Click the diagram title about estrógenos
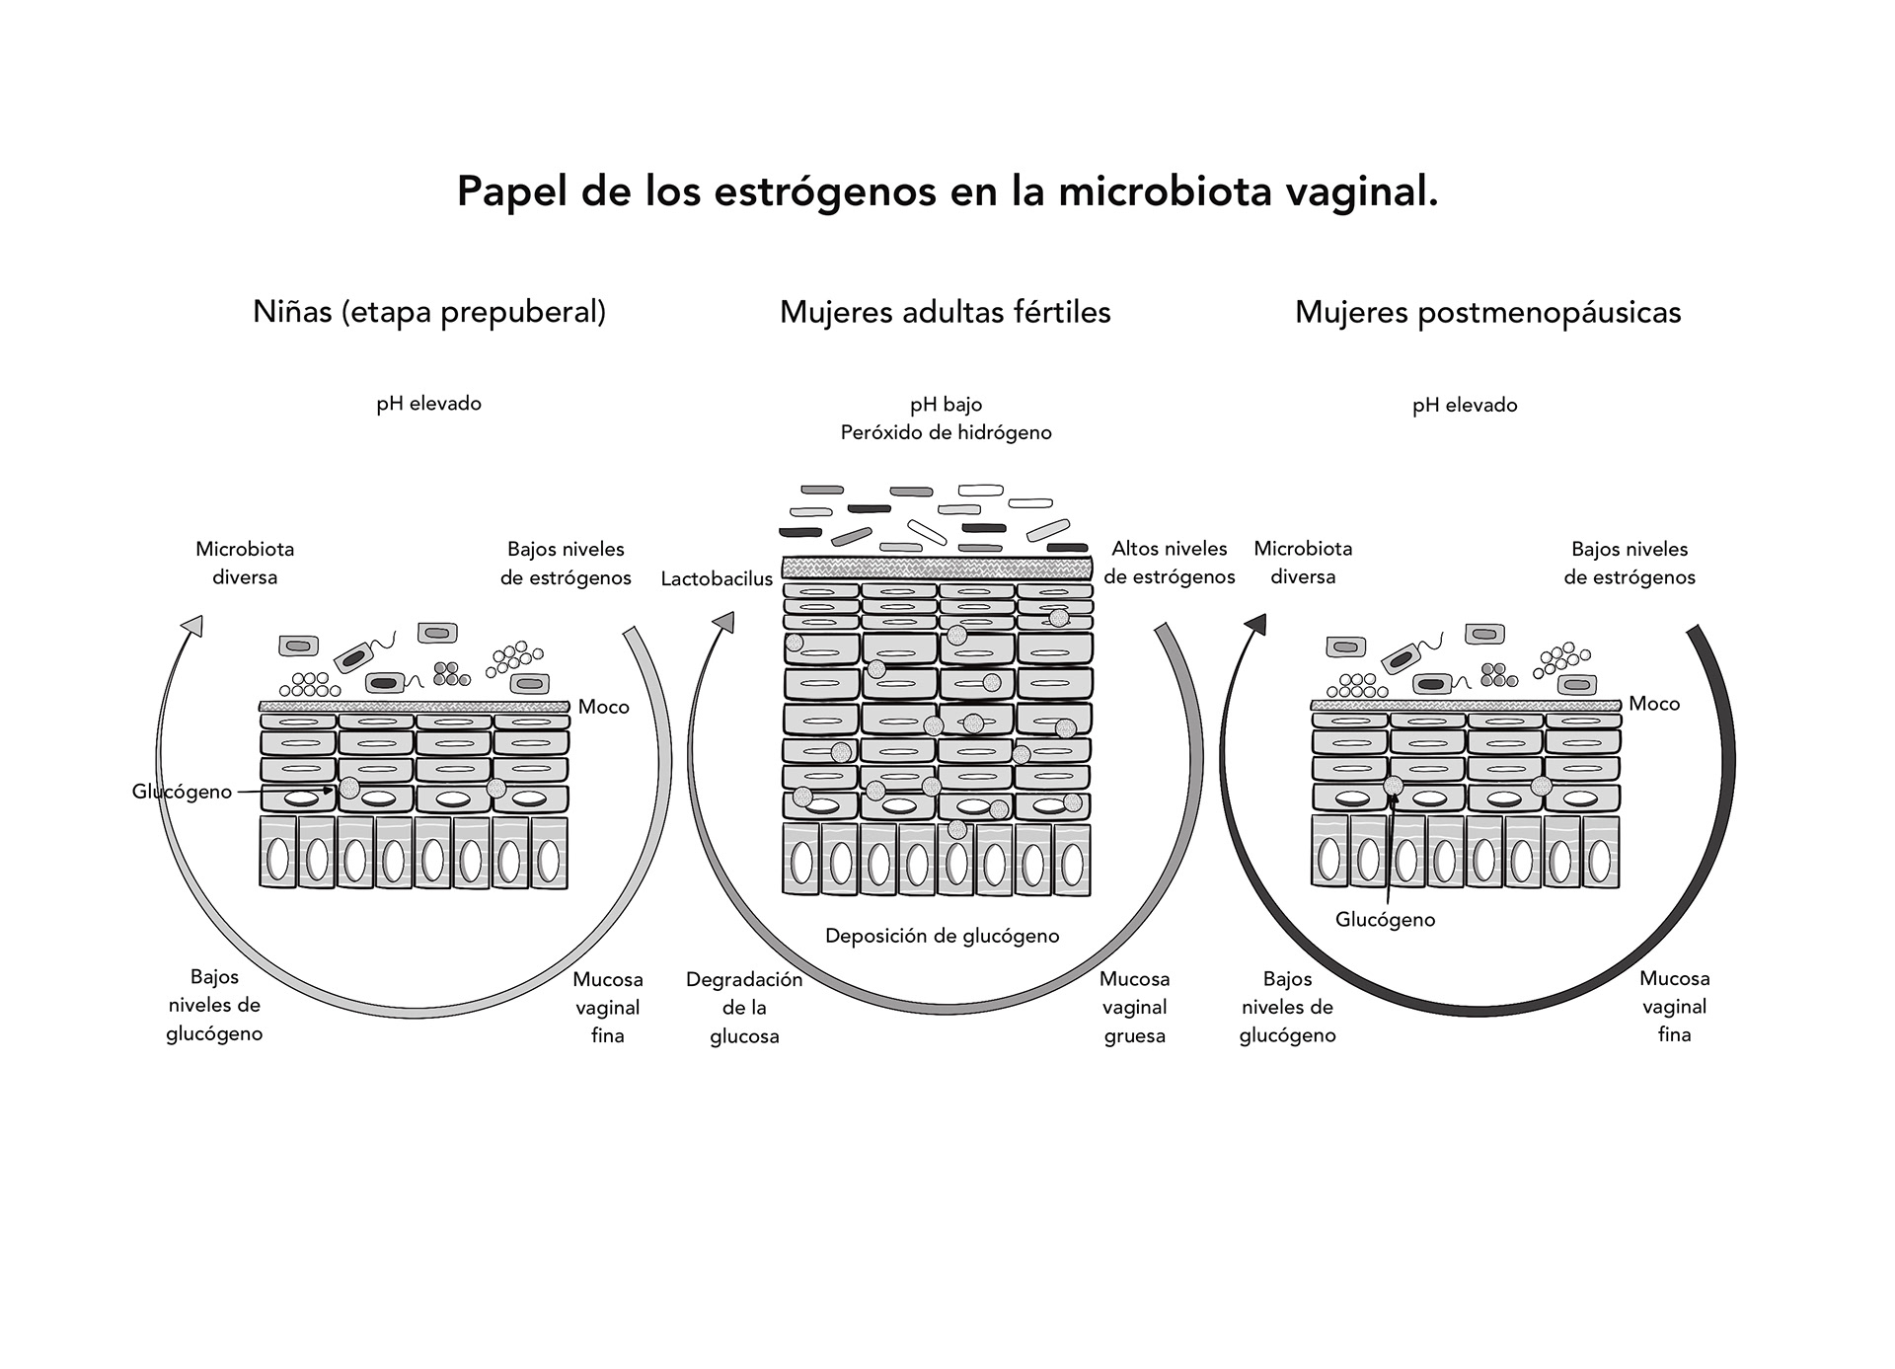click(x=947, y=191)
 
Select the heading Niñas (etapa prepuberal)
click(x=429, y=312)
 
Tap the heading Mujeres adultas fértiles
click(x=945, y=312)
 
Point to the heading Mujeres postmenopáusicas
click(x=1487, y=312)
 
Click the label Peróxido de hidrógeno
click(x=946, y=432)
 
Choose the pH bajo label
click(x=946, y=404)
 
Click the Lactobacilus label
click(x=717, y=578)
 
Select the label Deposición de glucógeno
click(x=942, y=936)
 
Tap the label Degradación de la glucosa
click(x=744, y=1008)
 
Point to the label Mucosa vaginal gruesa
click(x=1134, y=1008)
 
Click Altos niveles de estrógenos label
click(x=1170, y=563)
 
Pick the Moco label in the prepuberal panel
click(x=603, y=707)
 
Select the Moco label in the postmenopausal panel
click(x=1654, y=704)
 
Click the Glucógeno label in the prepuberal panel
click(x=182, y=792)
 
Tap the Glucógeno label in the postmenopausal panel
click(x=1385, y=920)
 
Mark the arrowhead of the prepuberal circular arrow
click(x=193, y=626)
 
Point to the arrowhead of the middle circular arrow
click(x=724, y=622)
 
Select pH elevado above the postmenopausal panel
click(x=1465, y=405)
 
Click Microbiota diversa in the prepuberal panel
click(x=245, y=563)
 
